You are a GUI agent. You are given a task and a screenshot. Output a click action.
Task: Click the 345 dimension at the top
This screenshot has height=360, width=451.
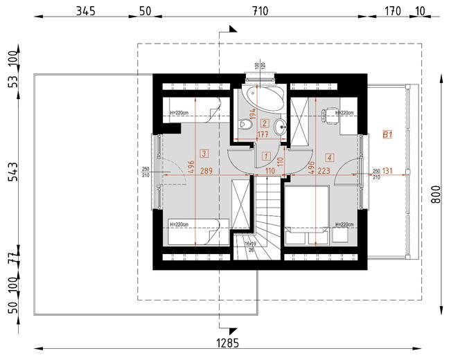click(x=85, y=11)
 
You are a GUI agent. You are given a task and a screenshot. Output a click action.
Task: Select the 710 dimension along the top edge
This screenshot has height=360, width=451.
click(x=258, y=11)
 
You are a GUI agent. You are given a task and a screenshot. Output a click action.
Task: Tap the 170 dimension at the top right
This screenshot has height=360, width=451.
click(x=392, y=11)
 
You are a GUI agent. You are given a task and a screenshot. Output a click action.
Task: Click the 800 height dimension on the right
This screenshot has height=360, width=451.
click(x=436, y=193)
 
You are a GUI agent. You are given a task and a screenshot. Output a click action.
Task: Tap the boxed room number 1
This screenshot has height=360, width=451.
click(x=266, y=155)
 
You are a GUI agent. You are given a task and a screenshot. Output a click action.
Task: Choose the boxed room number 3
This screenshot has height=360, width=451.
click(x=203, y=153)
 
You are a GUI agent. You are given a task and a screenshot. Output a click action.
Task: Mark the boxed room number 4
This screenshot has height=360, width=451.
click(x=328, y=157)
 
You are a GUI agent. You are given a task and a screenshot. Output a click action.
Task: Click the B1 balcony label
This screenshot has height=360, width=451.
click(x=388, y=136)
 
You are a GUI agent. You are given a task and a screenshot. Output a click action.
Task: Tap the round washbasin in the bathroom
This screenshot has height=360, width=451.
click(x=278, y=127)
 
